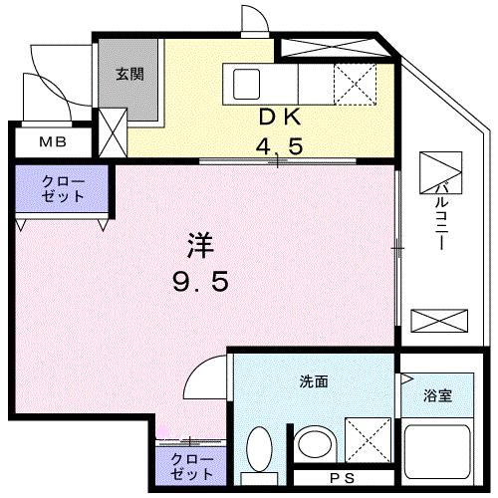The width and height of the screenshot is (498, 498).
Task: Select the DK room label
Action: click(280, 117)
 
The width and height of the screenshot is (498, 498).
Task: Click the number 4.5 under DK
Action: click(281, 146)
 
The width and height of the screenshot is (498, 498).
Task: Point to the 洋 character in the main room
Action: click(199, 244)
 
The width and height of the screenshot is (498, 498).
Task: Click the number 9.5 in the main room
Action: click(199, 282)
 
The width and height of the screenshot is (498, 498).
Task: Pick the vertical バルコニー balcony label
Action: click(441, 214)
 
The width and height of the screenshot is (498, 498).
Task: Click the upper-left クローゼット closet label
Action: click(62, 189)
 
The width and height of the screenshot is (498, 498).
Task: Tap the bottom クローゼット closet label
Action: click(190, 466)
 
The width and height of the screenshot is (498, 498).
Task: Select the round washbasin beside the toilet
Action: click(315, 447)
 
